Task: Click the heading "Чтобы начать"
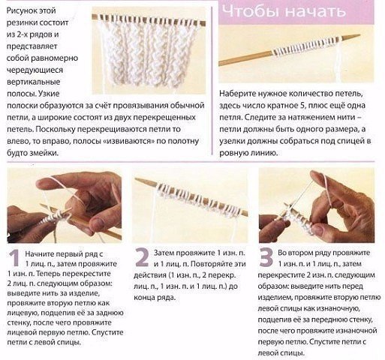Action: [x=284, y=11]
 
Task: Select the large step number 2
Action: [x=142, y=256]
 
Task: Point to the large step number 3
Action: [x=266, y=256]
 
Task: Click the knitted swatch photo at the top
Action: [x=149, y=50]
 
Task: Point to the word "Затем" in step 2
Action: [x=164, y=253]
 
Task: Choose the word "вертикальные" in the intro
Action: [x=34, y=82]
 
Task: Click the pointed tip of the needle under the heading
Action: [x=359, y=35]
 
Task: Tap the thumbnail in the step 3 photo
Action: [x=320, y=228]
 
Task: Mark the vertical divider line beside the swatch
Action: [x=212, y=81]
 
